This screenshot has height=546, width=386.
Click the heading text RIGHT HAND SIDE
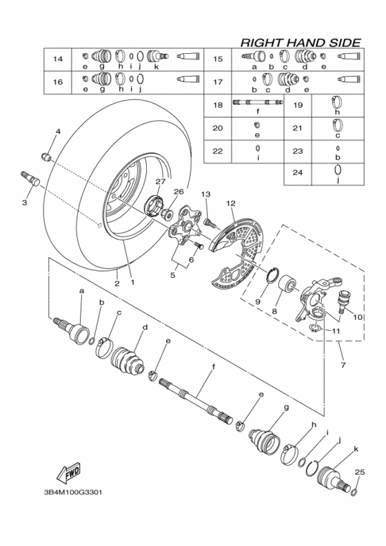coord(300,43)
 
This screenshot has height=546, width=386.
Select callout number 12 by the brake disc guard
coord(230,203)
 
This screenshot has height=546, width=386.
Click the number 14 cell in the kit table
coord(58,59)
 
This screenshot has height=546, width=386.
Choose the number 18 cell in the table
coord(218,105)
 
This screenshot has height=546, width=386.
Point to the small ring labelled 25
coord(354,491)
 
